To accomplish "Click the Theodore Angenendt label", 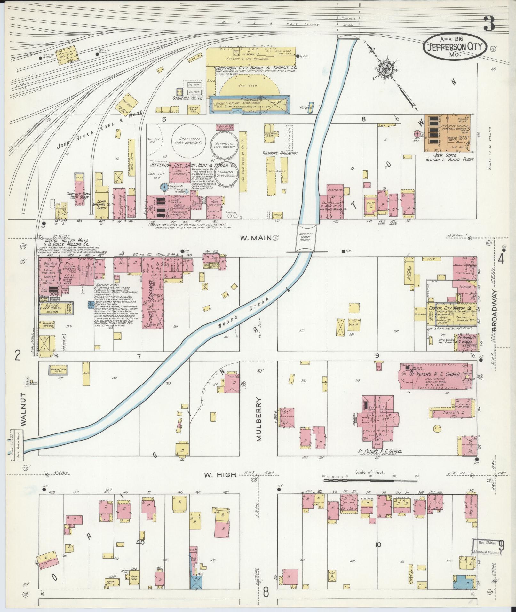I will tap(280, 153).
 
